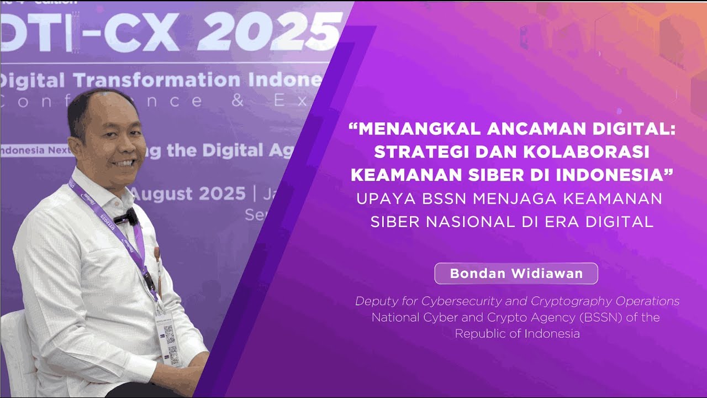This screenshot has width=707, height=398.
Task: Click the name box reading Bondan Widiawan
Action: tap(516, 274)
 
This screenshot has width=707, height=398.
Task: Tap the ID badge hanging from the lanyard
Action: tap(168, 338)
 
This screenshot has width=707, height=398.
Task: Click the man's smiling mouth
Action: tap(124, 164)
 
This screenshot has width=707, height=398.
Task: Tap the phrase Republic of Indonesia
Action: tap(517, 334)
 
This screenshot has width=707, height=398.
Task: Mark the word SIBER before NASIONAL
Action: tap(394, 222)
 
